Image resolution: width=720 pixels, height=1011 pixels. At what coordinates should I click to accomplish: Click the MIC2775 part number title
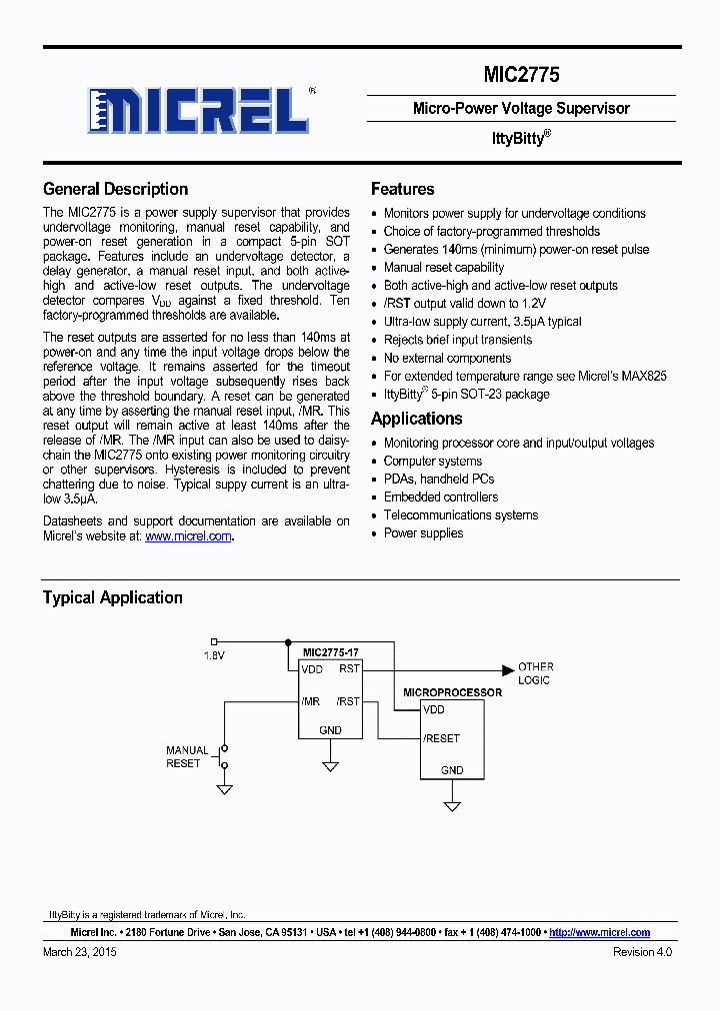(521, 75)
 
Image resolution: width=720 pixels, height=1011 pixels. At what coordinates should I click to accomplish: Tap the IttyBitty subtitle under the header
(521, 139)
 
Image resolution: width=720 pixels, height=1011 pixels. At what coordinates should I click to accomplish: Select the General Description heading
(115, 189)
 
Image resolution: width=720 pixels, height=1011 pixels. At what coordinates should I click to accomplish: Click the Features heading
(402, 189)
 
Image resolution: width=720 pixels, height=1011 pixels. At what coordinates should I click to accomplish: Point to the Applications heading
(416, 419)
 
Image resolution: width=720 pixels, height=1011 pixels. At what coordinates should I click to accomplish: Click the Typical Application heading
(112, 597)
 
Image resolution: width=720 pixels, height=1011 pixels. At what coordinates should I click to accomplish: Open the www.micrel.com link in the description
(188, 536)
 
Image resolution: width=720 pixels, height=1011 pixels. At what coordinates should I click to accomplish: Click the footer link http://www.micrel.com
(599, 932)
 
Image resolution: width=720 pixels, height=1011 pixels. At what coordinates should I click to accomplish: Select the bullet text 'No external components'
(447, 358)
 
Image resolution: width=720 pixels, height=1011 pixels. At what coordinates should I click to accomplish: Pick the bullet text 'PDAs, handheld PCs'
(439, 479)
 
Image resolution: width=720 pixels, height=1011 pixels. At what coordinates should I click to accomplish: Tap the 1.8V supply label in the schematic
(214, 655)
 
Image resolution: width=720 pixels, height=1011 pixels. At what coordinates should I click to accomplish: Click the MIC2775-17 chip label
(331, 651)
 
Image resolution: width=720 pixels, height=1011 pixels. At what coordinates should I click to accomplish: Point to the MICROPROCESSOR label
(452, 692)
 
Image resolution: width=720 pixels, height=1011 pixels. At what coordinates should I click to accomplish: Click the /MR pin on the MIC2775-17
(310, 701)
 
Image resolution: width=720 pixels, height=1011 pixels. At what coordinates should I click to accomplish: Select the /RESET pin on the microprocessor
(441, 738)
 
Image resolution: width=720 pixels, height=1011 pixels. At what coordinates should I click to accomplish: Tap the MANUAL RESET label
(187, 756)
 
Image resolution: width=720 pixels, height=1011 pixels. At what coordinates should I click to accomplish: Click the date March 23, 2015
(80, 952)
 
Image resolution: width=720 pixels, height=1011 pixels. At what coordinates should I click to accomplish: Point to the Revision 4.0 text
(642, 952)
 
